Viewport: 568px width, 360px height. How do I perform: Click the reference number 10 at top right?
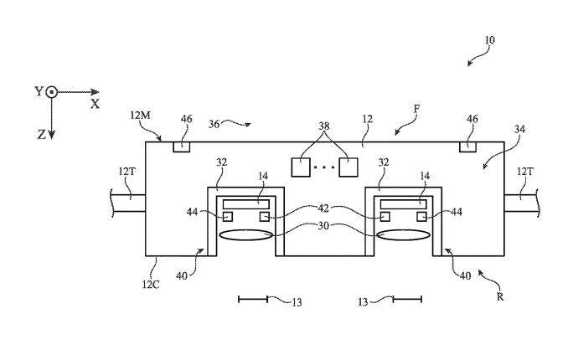point(489,39)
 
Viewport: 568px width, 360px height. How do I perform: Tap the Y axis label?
point(39,91)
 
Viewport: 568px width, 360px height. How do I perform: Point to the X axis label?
point(95,105)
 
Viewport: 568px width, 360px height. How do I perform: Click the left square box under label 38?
point(302,166)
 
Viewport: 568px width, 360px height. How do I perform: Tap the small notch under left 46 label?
point(181,147)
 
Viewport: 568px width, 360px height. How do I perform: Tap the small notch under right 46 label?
point(468,147)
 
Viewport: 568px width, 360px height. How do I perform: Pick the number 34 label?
point(520,130)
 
